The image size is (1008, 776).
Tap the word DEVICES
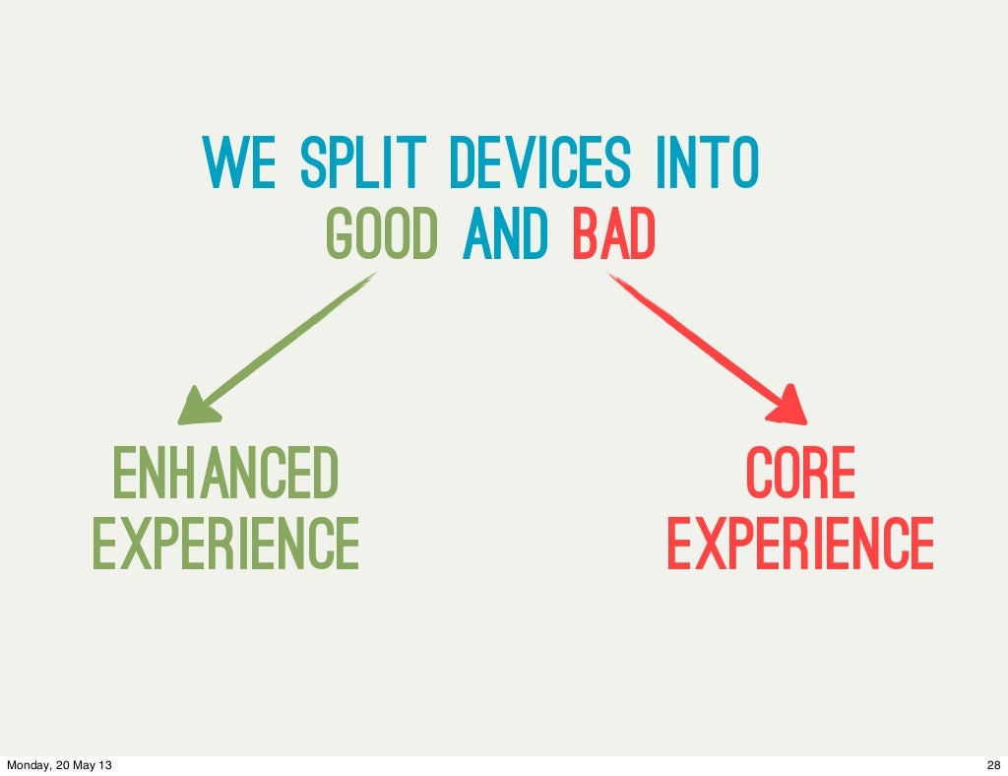(539, 164)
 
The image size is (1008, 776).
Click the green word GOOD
(381, 235)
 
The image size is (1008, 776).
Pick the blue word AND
(504, 235)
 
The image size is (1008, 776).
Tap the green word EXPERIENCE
(225, 544)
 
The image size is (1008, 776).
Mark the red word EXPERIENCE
(800, 544)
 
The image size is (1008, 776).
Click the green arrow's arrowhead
(197, 406)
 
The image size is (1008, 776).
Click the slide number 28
(991, 765)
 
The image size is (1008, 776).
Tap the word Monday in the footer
(27, 765)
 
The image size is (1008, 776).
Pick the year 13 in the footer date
(103, 765)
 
